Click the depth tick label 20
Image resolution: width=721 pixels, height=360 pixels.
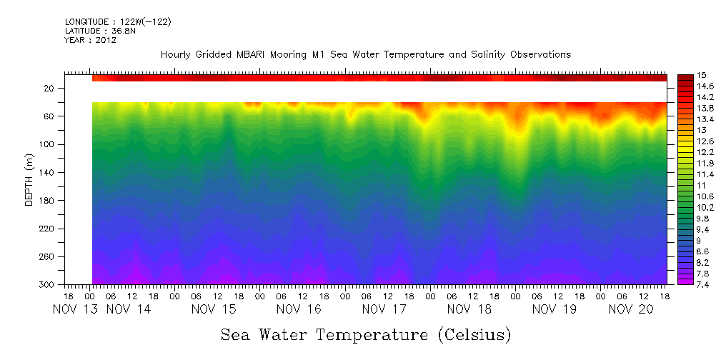(x=49, y=88)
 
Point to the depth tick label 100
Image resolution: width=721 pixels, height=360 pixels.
(x=46, y=144)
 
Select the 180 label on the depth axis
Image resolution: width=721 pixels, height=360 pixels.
(x=46, y=201)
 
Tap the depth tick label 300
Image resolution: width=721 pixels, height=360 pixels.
(x=46, y=284)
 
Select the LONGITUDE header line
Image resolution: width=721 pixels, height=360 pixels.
(x=118, y=22)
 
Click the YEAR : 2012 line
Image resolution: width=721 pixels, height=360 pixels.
(x=90, y=41)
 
